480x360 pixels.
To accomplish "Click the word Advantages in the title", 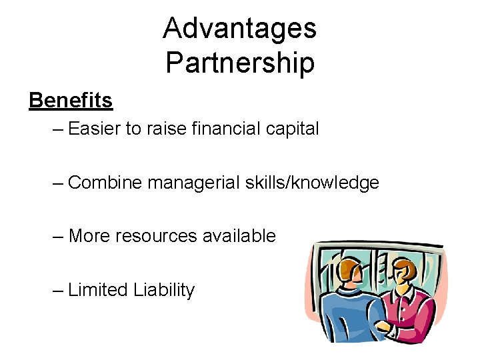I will click(x=239, y=29).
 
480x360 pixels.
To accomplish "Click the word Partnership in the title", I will click(x=239, y=63).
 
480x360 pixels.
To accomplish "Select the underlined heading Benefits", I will click(x=71, y=101).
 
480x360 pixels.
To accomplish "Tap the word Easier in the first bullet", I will click(x=94, y=128).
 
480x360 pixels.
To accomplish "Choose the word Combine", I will click(x=105, y=182).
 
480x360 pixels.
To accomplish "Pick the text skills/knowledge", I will click(x=315, y=182).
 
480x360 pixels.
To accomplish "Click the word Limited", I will click(x=98, y=290).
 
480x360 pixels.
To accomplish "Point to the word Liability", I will click(x=164, y=290).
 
